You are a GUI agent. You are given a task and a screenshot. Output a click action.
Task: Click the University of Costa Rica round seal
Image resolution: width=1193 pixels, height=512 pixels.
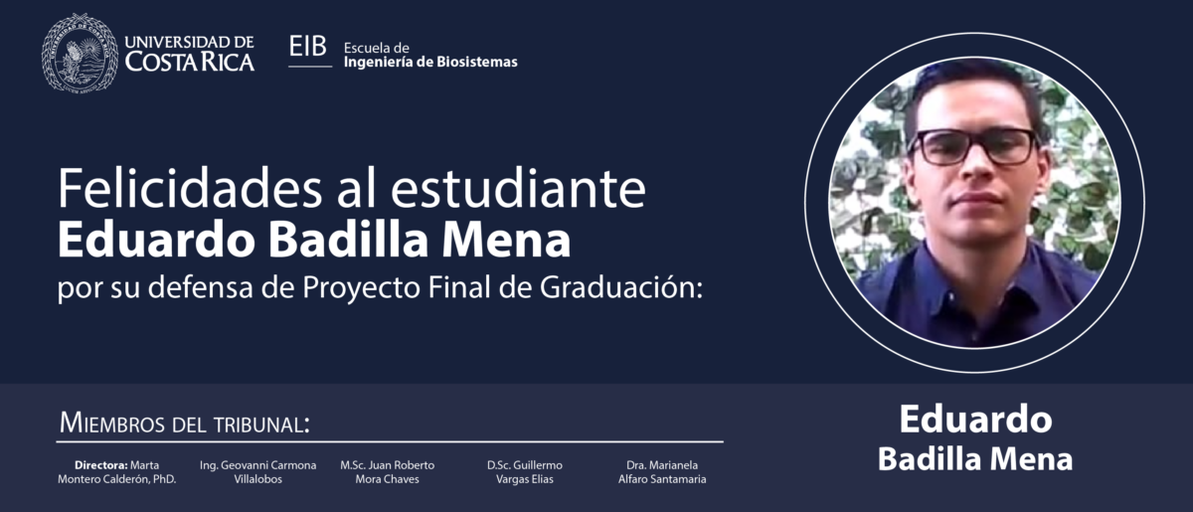pos(80,53)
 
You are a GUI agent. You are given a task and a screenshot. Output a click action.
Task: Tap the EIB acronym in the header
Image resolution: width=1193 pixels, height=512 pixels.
pos(308,47)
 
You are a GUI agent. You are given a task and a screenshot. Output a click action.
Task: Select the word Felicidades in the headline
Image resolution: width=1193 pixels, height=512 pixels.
pos(190,189)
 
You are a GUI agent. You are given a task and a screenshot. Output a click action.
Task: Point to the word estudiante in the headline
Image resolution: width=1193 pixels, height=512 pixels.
pos(518,189)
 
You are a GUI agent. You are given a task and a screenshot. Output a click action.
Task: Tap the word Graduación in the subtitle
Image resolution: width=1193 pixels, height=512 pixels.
pos(621,287)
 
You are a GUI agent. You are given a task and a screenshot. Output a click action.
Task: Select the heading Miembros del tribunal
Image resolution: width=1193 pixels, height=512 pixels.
pos(184,424)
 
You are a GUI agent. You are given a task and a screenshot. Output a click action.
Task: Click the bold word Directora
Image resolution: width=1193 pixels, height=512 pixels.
pos(101,465)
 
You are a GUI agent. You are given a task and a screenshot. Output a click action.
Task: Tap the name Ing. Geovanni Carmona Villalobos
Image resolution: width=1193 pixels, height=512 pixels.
pos(257,472)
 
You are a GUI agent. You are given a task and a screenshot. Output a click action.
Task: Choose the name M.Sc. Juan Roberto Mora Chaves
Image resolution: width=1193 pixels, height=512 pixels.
pos(387,472)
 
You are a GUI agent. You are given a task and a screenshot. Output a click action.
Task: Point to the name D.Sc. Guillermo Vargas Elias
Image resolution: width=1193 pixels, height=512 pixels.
pos(525,472)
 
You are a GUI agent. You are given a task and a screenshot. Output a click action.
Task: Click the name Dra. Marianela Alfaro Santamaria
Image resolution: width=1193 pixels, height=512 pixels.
pos(662,472)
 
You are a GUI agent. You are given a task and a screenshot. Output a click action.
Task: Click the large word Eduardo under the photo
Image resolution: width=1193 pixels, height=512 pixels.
pos(975,420)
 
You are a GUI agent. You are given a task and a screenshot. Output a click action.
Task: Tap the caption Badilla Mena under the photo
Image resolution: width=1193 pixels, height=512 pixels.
pos(975,459)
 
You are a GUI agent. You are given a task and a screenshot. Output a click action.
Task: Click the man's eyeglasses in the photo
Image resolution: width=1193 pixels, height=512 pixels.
pos(973,146)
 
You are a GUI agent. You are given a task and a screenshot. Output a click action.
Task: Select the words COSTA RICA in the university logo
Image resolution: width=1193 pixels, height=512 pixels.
pos(190,62)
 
